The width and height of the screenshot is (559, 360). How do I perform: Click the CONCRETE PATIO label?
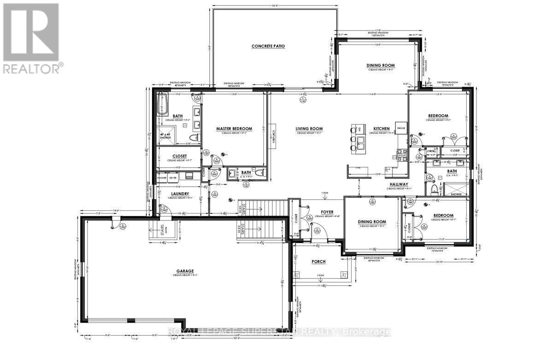point(268,46)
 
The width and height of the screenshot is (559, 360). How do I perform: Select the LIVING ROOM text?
point(309,129)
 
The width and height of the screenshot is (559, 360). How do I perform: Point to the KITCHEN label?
point(382,129)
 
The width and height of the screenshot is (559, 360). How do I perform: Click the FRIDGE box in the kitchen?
point(401,128)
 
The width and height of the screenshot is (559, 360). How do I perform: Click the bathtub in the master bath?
point(161,104)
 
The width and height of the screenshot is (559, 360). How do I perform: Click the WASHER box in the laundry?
point(162,177)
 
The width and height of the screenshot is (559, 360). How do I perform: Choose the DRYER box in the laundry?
point(173,177)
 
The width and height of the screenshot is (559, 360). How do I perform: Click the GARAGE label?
point(184,271)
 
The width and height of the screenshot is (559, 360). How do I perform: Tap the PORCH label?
point(318,261)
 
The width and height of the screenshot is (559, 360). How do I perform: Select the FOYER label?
point(327,212)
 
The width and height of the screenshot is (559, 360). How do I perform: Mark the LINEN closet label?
point(431,150)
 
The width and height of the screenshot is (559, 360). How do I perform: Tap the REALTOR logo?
point(31,37)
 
